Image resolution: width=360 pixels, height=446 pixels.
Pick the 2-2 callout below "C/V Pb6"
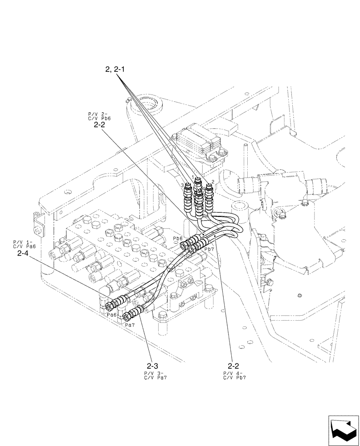point(99,126)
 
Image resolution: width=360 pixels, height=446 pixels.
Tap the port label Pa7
point(130,325)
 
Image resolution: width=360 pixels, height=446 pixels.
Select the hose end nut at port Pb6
point(184,244)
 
